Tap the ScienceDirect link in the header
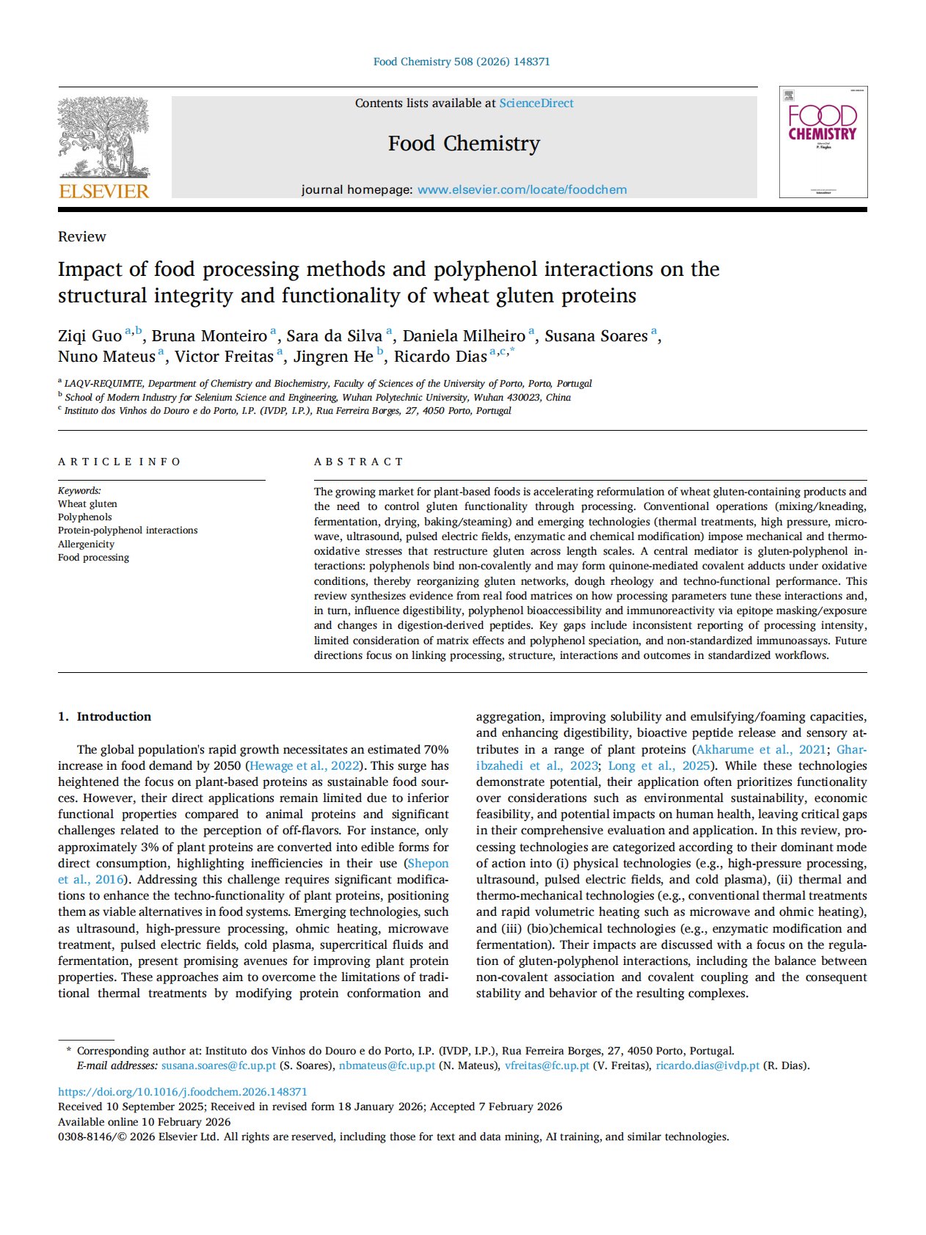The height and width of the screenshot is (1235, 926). [536, 103]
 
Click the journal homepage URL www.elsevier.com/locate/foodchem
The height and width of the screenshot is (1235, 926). [522, 190]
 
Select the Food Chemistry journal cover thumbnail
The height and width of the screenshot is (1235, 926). [823, 142]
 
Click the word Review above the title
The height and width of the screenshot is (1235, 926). [82, 236]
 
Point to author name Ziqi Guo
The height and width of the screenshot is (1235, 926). [90, 336]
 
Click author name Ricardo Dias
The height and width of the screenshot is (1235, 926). [440, 357]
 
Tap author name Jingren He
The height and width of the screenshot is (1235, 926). [333, 357]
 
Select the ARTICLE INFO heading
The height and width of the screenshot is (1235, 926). [120, 462]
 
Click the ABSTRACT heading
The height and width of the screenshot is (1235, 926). [359, 462]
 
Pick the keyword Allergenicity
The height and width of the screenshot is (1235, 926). [86, 544]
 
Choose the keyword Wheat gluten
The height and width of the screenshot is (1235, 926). [87, 504]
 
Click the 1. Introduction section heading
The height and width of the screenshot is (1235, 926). [105, 716]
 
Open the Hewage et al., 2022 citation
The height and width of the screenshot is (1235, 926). [304, 766]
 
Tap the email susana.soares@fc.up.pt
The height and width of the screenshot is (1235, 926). [219, 1065]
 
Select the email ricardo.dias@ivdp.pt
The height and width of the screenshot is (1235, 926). [707, 1065]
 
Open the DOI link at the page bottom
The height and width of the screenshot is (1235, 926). [183, 1092]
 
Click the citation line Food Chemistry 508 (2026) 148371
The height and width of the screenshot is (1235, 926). [462, 62]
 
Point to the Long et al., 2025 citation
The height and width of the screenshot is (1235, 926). [659, 766]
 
